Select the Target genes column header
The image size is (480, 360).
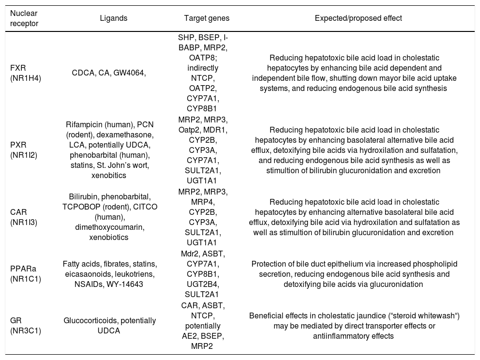pyautogui.click(x=207, y=18)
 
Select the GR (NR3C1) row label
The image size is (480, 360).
pyautogui.click(x=24, y=324)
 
